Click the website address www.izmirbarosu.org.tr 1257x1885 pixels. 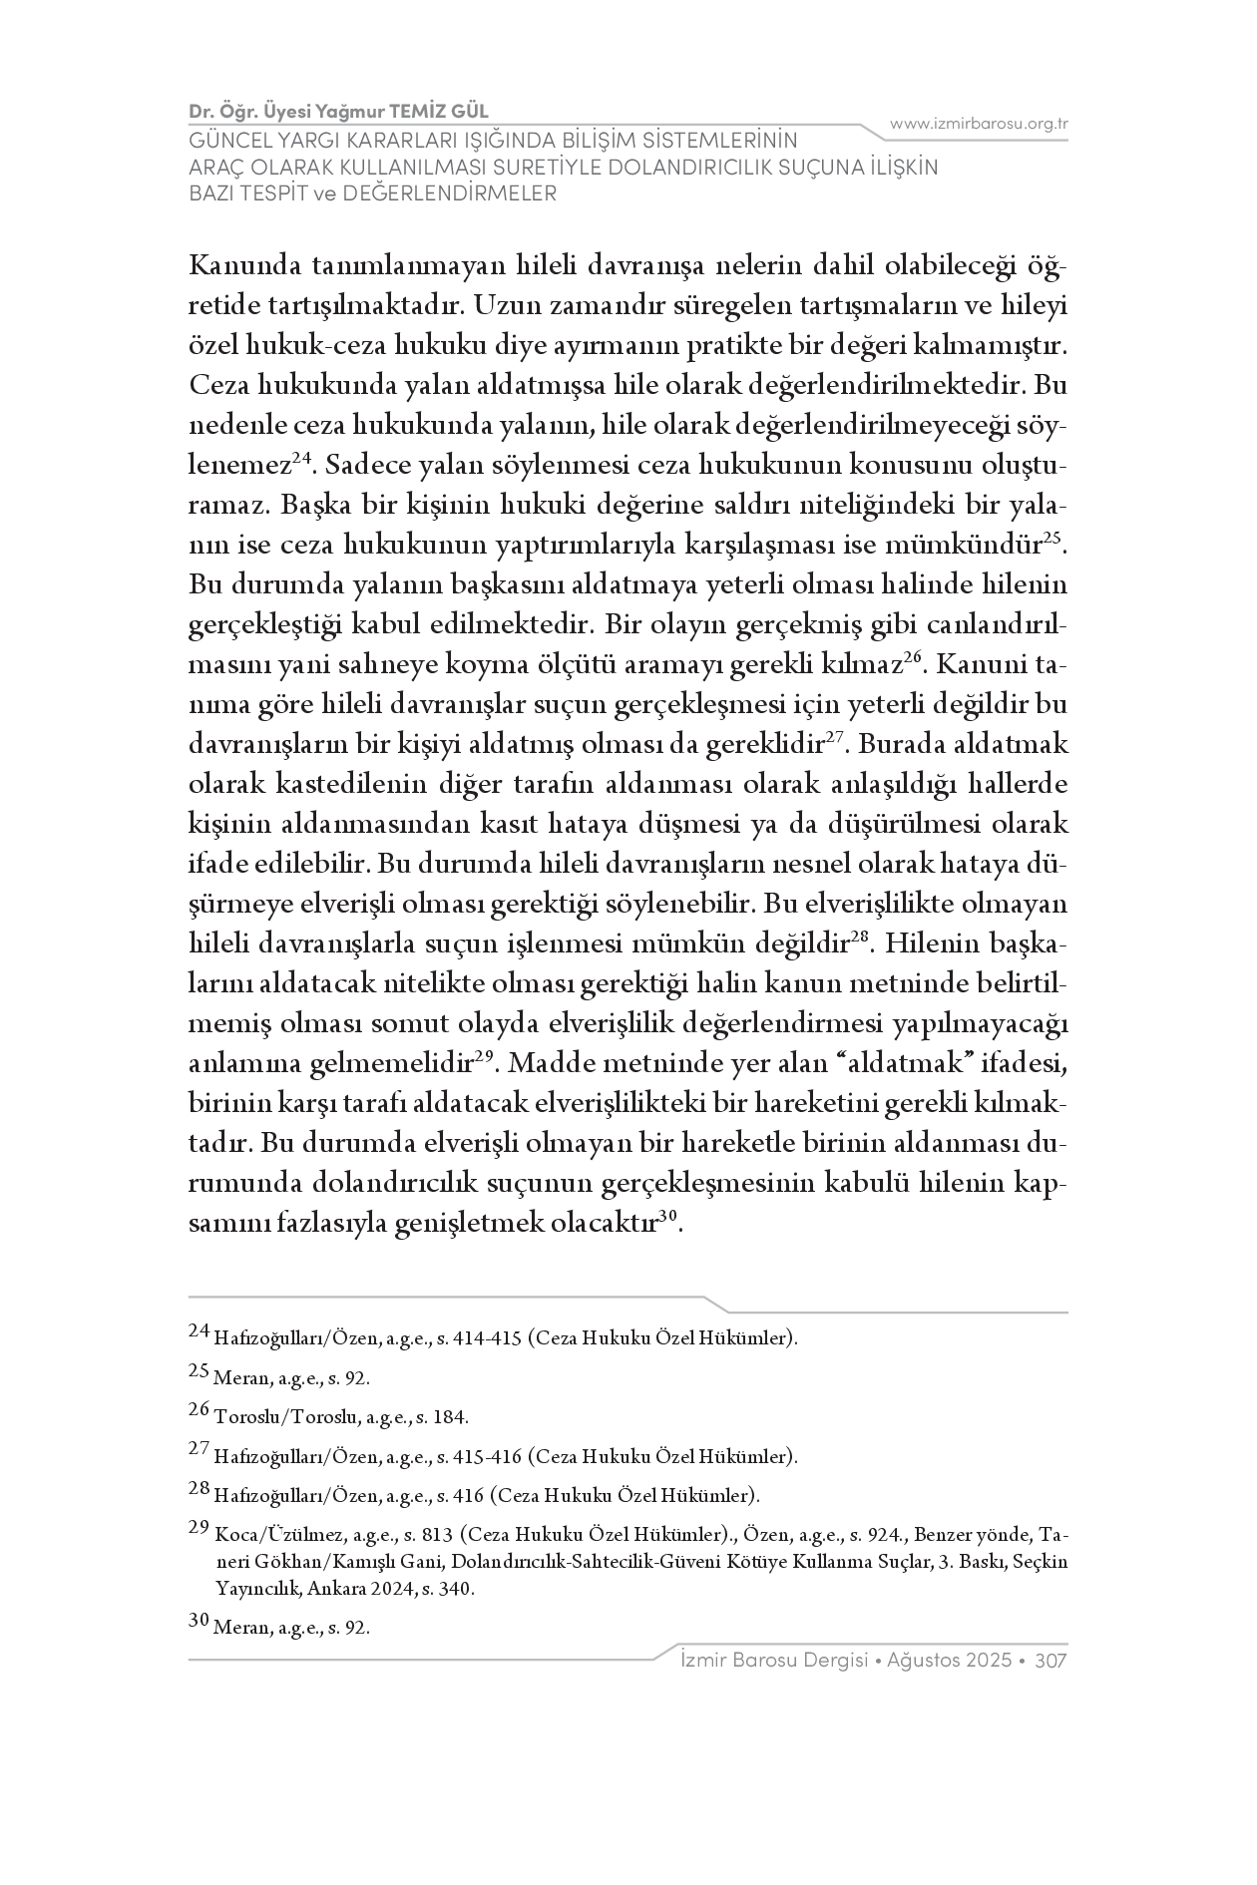pyautogui.click(x=979, y=124)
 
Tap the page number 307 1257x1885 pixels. pyautogui.click(x=1051, y=1661)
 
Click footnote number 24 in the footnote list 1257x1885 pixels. pyautogui.click(x=199, y=1330)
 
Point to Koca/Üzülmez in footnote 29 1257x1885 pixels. pyautogui.click(x=272, y=1534)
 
